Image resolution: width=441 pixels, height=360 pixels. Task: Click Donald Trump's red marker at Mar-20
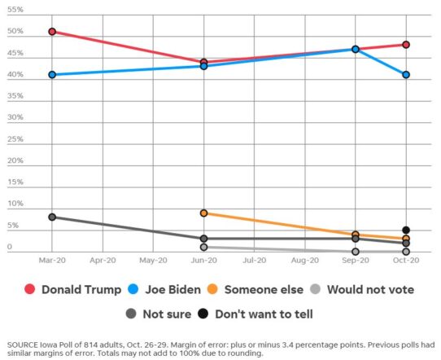tap(52, 32)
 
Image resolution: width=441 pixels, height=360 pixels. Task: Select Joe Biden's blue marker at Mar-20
tap(52, 75)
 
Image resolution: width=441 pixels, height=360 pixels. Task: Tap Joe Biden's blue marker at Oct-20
tap(405, 75)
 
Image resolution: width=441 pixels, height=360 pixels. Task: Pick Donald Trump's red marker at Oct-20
tap(405, 45)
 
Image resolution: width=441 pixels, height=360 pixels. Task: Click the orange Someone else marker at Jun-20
tap(203, 213)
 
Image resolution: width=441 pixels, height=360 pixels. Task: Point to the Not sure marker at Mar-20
tap(52, 217)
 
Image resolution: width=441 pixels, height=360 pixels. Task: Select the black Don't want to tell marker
tap(405, 230)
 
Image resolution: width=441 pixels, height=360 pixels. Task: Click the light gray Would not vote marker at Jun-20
tap(203, 247)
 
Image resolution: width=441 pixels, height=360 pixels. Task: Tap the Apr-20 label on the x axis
tap(103, 261)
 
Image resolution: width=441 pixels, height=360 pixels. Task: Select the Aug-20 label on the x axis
tap(304, 261)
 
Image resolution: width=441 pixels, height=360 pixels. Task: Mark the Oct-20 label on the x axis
tap(405, 261)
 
